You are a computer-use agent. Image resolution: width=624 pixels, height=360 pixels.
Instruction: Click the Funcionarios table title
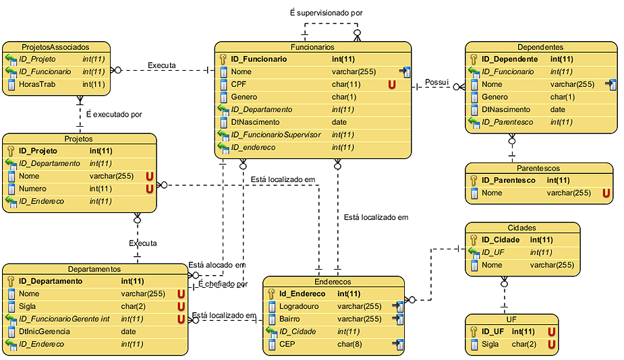coord(312,47)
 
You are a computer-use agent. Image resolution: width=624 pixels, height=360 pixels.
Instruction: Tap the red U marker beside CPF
coord(391,84)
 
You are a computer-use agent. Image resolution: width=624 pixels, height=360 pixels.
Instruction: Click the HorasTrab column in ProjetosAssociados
coord(37,84)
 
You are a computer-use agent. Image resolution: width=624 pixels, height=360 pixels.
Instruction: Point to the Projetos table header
coord(79,139)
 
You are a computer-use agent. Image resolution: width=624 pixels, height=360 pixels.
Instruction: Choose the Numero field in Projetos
coord(32,189)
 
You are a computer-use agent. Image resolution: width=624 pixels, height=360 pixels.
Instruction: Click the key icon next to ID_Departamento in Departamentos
coord(11,281)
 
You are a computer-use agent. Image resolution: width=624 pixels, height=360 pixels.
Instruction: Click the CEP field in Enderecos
coord(288,344)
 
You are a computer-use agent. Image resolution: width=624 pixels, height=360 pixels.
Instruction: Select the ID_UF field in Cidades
coord(494,252)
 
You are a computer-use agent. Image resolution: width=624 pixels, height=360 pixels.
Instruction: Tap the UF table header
coord(511,320)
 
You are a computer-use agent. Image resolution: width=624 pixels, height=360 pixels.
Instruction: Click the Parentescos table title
coord(538,169)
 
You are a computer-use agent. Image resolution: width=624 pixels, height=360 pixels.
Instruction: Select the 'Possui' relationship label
coord(436,82)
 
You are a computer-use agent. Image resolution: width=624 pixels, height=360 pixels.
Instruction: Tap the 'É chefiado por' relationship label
coord(223,284)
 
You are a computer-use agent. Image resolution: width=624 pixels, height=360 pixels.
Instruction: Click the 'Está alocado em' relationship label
coord(217,265)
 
